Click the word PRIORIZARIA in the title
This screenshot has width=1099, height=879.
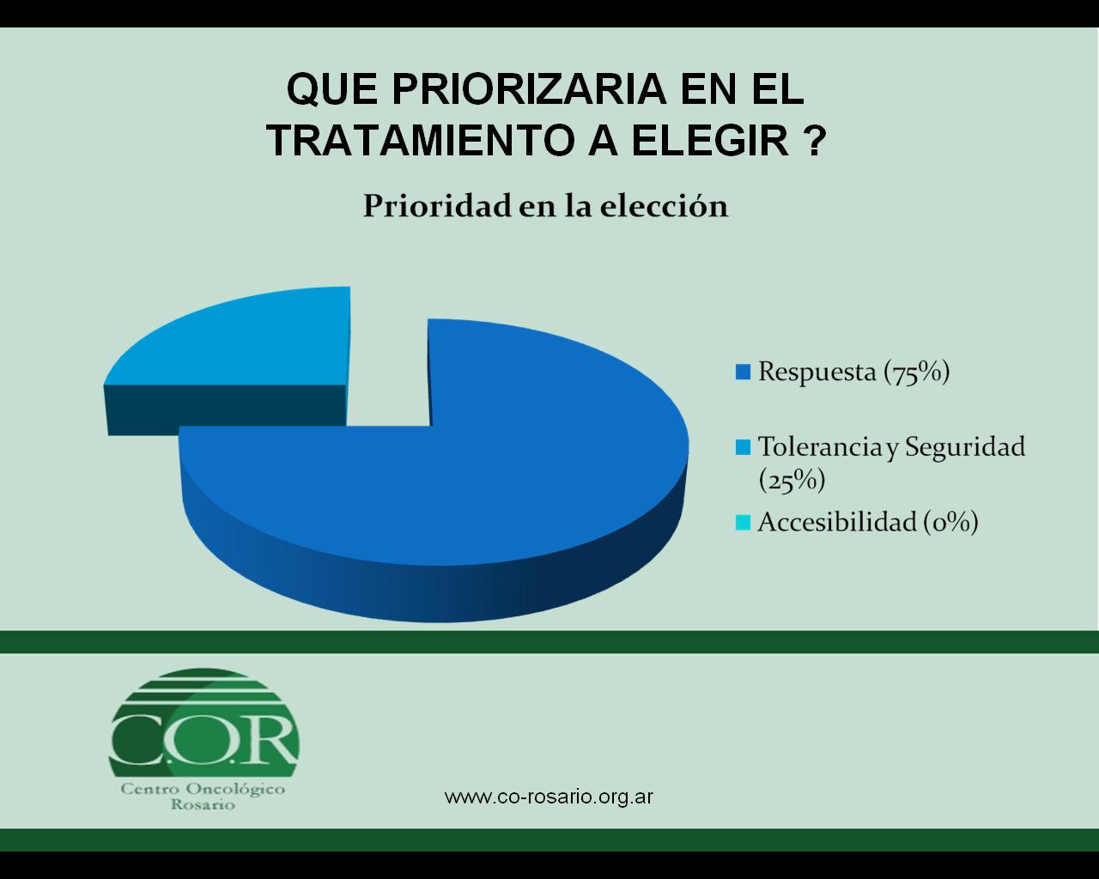click(x=529, y=89)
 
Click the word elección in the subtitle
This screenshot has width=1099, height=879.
click(x=664, y=206)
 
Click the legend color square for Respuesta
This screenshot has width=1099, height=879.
click(x=743, y=373)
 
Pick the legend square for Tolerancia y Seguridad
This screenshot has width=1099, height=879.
click(x=743, y=447)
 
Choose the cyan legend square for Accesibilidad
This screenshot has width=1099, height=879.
click(x=743, y=523)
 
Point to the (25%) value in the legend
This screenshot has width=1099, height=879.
click(x=792, y=481)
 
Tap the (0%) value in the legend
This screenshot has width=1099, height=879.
click(x=950, y=523)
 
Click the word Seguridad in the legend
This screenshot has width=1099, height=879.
click(x=965, y=448)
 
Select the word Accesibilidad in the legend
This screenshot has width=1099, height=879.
click(x=837, y=522)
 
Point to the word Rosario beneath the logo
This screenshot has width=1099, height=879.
click(x=203, y=805)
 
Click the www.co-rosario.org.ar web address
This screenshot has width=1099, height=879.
click(x=549, y=797)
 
